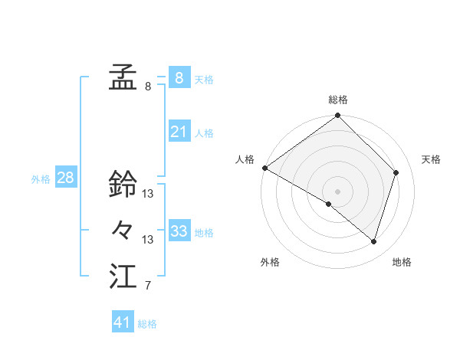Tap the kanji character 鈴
click(123, 184)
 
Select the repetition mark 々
click(123, 229)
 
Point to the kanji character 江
click(123, 276)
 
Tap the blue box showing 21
click(179, 132)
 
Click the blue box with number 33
click(179, 231)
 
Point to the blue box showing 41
click(123, 322)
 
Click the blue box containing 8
click(179, 77)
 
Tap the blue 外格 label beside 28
click(41, 179)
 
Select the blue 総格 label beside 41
click(147, 324)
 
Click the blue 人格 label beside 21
click(204, 133)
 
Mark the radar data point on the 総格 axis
click(337, 116)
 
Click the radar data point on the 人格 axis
click(264, 168)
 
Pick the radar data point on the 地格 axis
click(374, 242)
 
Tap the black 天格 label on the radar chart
click(431, 159)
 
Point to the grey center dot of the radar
click(337, 191)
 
